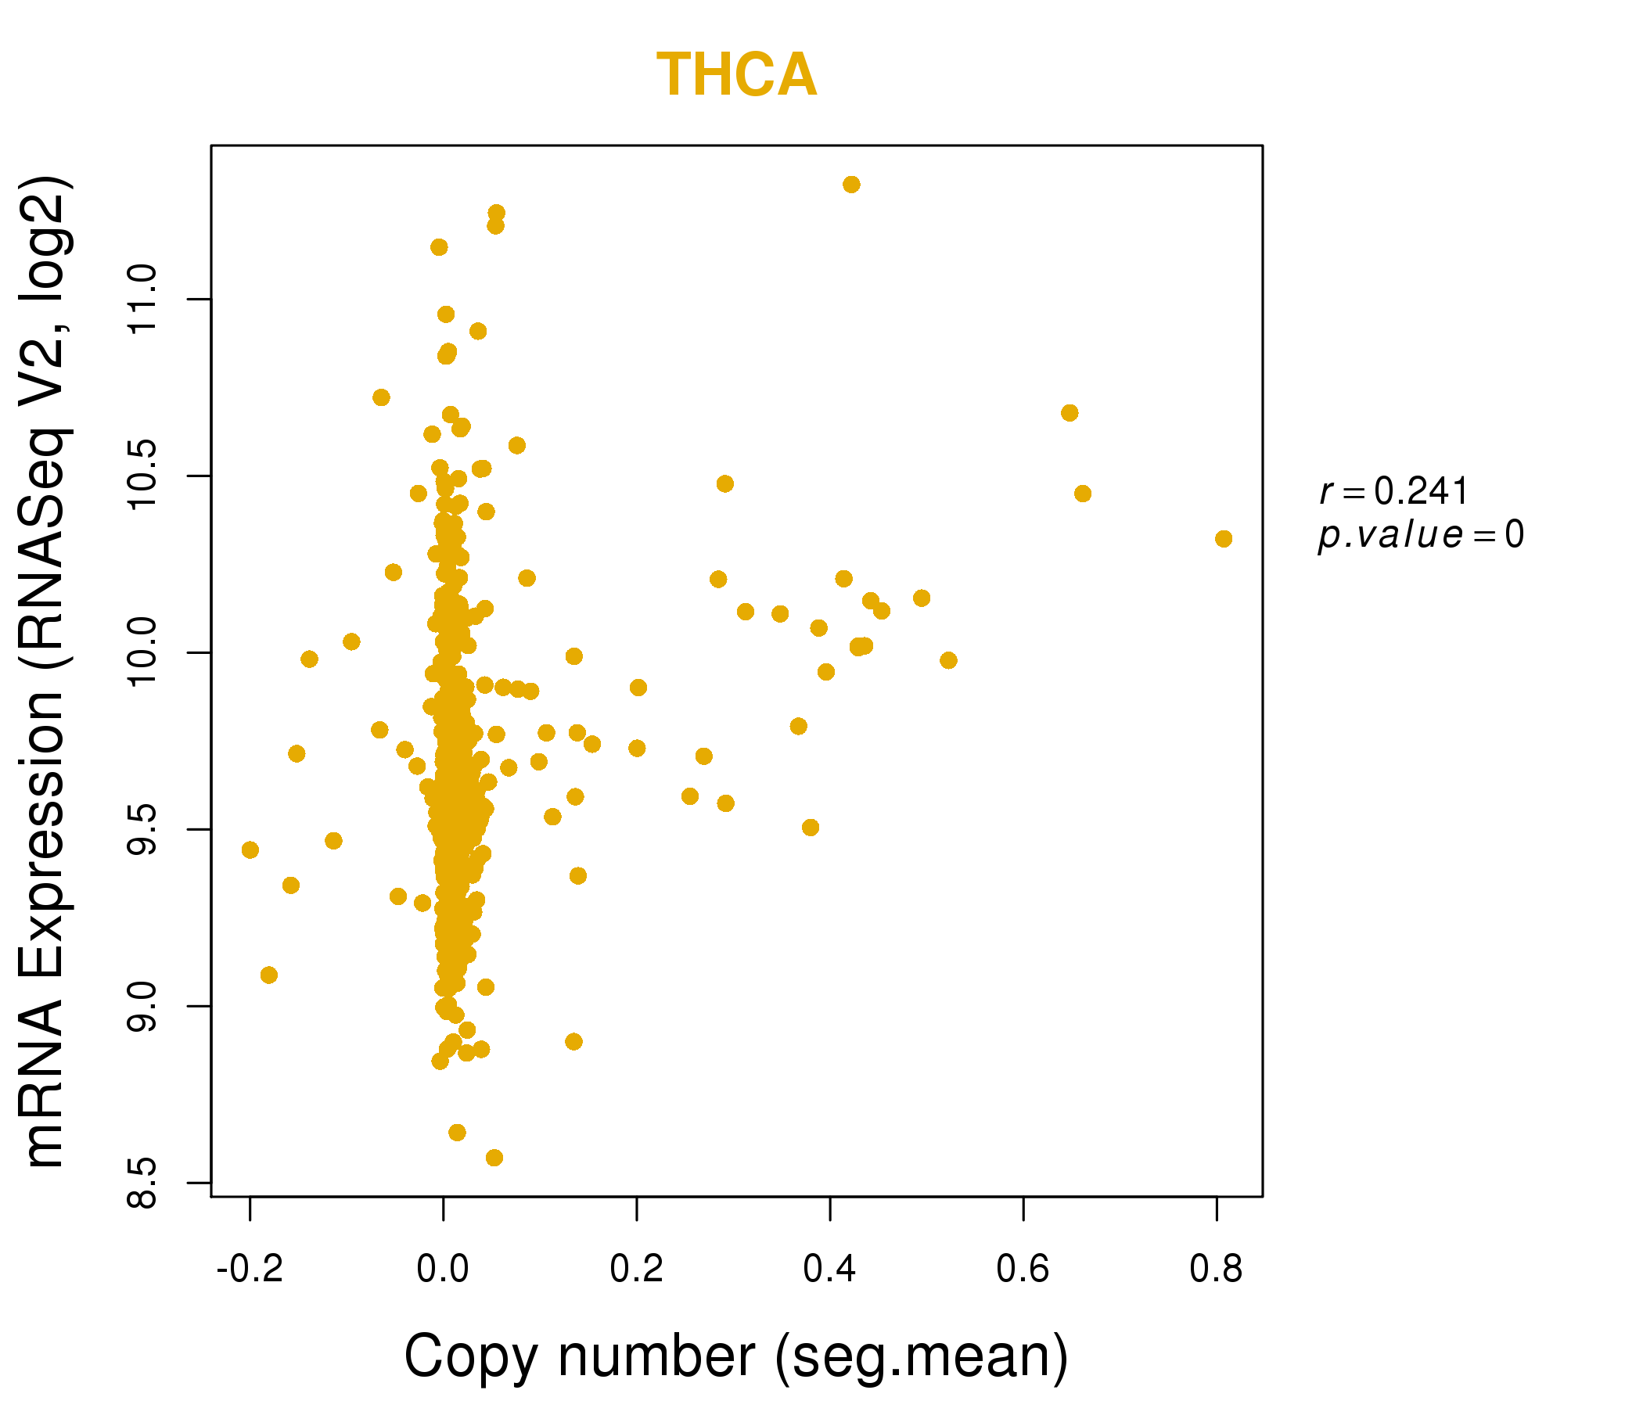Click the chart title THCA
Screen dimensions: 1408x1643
(736, 75)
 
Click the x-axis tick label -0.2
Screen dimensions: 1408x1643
(250, 1270)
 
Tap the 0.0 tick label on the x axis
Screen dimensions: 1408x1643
(444, 1270)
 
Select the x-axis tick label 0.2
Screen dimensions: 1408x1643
(636, 1270)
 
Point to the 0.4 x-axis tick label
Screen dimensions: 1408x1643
(829, 1270)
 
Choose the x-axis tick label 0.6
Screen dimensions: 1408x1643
(1023, 1270)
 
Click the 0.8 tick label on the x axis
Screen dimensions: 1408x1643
(1216, 1270)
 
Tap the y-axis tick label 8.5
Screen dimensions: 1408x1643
(143, 1183)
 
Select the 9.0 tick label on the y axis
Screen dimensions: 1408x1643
(143, 1006)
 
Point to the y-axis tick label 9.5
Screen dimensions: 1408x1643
(143, 829)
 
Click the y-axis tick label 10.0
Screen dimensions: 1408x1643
(143, 652)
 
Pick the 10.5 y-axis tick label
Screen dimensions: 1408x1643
(143, 476)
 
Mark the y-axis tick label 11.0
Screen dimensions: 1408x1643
(143, 300)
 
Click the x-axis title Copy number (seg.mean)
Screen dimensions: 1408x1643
(736, 1357)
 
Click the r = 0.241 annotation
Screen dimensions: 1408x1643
(1394, 491)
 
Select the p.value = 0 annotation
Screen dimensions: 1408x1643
(1420, 535)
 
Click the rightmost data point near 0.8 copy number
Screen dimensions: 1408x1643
(1224, 539)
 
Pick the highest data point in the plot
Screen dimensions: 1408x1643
(852, 185)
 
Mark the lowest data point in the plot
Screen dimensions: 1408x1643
(494, 1158)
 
